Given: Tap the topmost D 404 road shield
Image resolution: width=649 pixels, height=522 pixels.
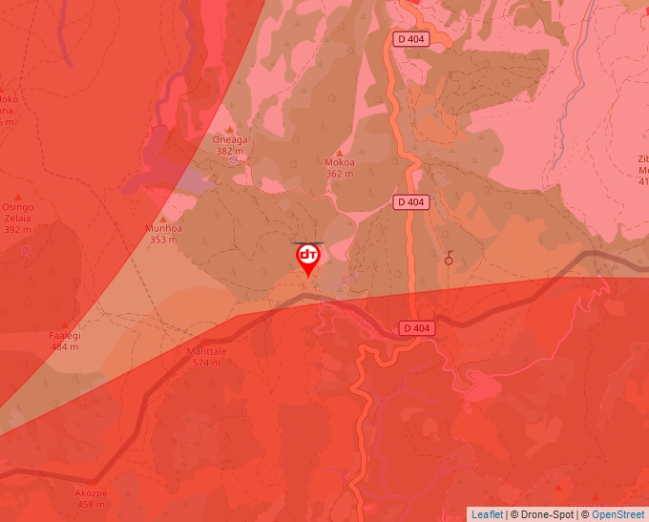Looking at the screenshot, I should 411,39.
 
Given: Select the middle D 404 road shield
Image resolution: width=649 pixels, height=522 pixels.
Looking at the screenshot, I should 410,201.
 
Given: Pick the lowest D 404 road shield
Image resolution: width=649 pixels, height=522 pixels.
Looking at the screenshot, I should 417,327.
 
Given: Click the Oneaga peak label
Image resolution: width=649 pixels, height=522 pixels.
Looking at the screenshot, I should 230,139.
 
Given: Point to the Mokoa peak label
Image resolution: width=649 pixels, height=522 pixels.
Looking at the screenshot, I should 340,162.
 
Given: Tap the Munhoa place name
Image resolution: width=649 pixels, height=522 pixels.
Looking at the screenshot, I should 163,229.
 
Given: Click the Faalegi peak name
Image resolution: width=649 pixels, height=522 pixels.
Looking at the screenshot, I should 65,336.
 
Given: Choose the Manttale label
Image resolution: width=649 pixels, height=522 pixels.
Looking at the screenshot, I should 207,351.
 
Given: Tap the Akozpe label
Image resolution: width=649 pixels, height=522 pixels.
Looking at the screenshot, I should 91,493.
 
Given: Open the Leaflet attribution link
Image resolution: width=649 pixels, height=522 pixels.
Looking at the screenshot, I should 487,514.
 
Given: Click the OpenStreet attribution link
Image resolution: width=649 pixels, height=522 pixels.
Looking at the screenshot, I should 618,514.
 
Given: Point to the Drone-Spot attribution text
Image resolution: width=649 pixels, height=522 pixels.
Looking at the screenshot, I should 548,514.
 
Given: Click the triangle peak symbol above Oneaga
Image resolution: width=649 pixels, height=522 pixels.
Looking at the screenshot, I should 230,129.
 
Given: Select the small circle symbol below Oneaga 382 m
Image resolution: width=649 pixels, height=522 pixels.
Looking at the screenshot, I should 233,160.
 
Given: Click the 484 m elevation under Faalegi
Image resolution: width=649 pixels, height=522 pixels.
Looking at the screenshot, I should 65,346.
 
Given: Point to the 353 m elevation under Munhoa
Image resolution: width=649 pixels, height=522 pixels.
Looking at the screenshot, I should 163,240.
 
